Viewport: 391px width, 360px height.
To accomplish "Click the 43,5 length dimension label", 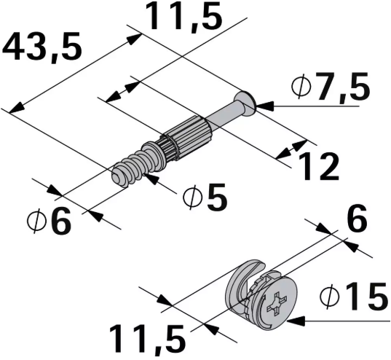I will tap(42, 48).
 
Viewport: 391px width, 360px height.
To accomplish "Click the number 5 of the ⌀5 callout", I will tap(215, 197).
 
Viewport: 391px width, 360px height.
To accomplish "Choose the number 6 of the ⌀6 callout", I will tap(60, 222).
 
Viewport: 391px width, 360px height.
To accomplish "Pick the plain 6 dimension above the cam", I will tap(355, 218).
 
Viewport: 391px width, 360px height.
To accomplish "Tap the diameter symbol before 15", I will tap(330, 297).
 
